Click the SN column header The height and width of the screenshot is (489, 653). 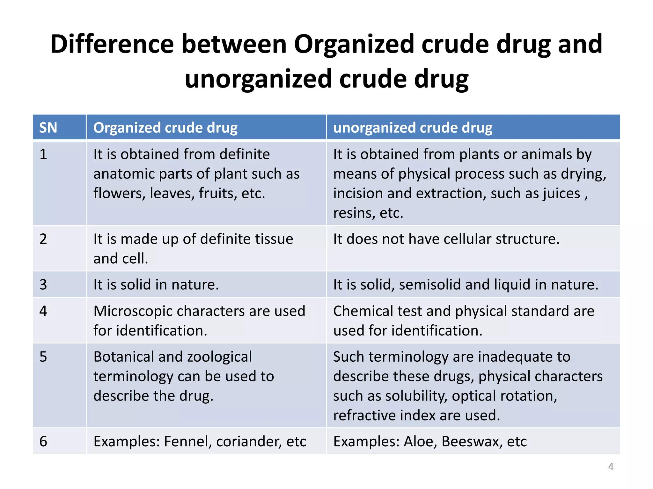pyautogui.click(x=48, y=128)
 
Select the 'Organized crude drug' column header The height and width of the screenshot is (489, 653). pyautogui.click(x=165, y=128)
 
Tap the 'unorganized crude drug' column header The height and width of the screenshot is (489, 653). pyautogui.click(x=413, y=128)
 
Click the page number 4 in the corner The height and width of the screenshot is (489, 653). pyautogui.click(x=611, y=467)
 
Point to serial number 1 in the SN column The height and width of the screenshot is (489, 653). pyautogui.click(x=43, y=154)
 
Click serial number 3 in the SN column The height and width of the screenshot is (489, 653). pyautogui.click(x=43, y=285)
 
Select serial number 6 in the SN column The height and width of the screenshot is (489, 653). pyautogui.click(x=43, y=442)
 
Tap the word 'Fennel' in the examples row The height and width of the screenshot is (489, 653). pyautogui.click(x=188, y=442)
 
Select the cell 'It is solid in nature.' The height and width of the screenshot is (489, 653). pyautogui.click(x=156, y=285)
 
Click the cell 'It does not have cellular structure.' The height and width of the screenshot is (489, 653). pyautogui.click(x=446, y=239)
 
